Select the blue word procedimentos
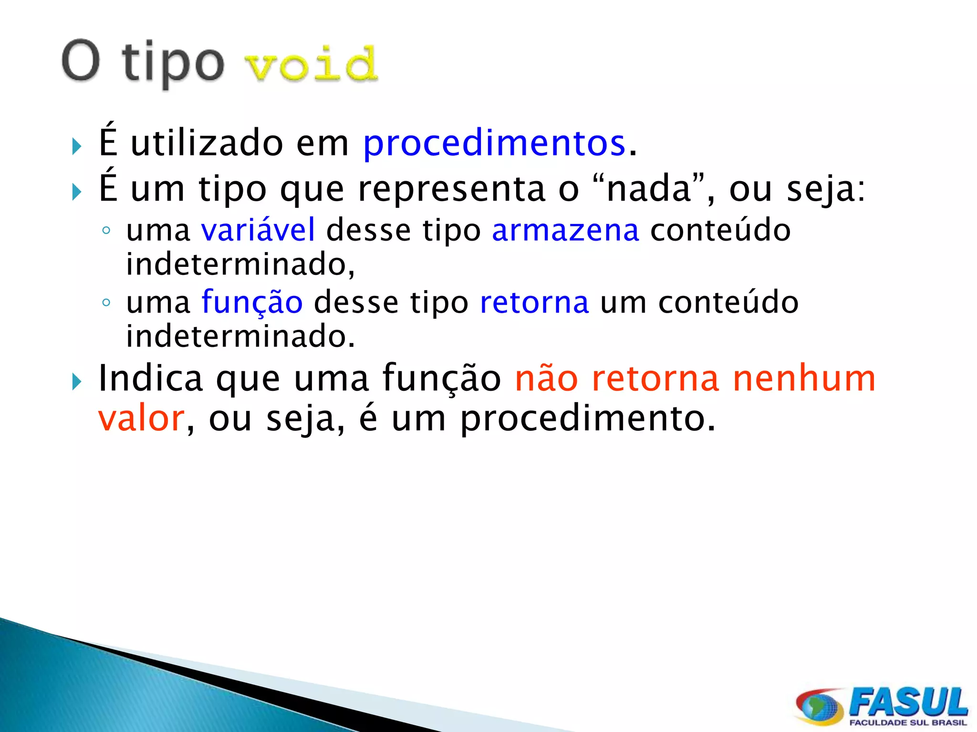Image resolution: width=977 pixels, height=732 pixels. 494,142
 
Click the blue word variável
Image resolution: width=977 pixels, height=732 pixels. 258,230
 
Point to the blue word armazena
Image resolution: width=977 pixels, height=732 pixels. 565,230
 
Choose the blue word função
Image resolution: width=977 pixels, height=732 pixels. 252,303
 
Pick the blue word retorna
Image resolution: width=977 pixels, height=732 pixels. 534,302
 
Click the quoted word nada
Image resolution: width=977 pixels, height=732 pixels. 649,188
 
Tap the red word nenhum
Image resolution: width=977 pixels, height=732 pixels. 804,378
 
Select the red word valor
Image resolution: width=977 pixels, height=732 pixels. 141,418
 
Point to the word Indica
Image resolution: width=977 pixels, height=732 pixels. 151,378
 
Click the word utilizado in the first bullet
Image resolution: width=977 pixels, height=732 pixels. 207,142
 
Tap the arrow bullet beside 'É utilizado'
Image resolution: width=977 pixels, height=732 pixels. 77,146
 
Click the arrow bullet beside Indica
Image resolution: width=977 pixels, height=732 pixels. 77,382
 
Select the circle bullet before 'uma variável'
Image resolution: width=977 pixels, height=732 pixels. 106,231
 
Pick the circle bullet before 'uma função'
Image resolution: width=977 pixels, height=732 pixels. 106,303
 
